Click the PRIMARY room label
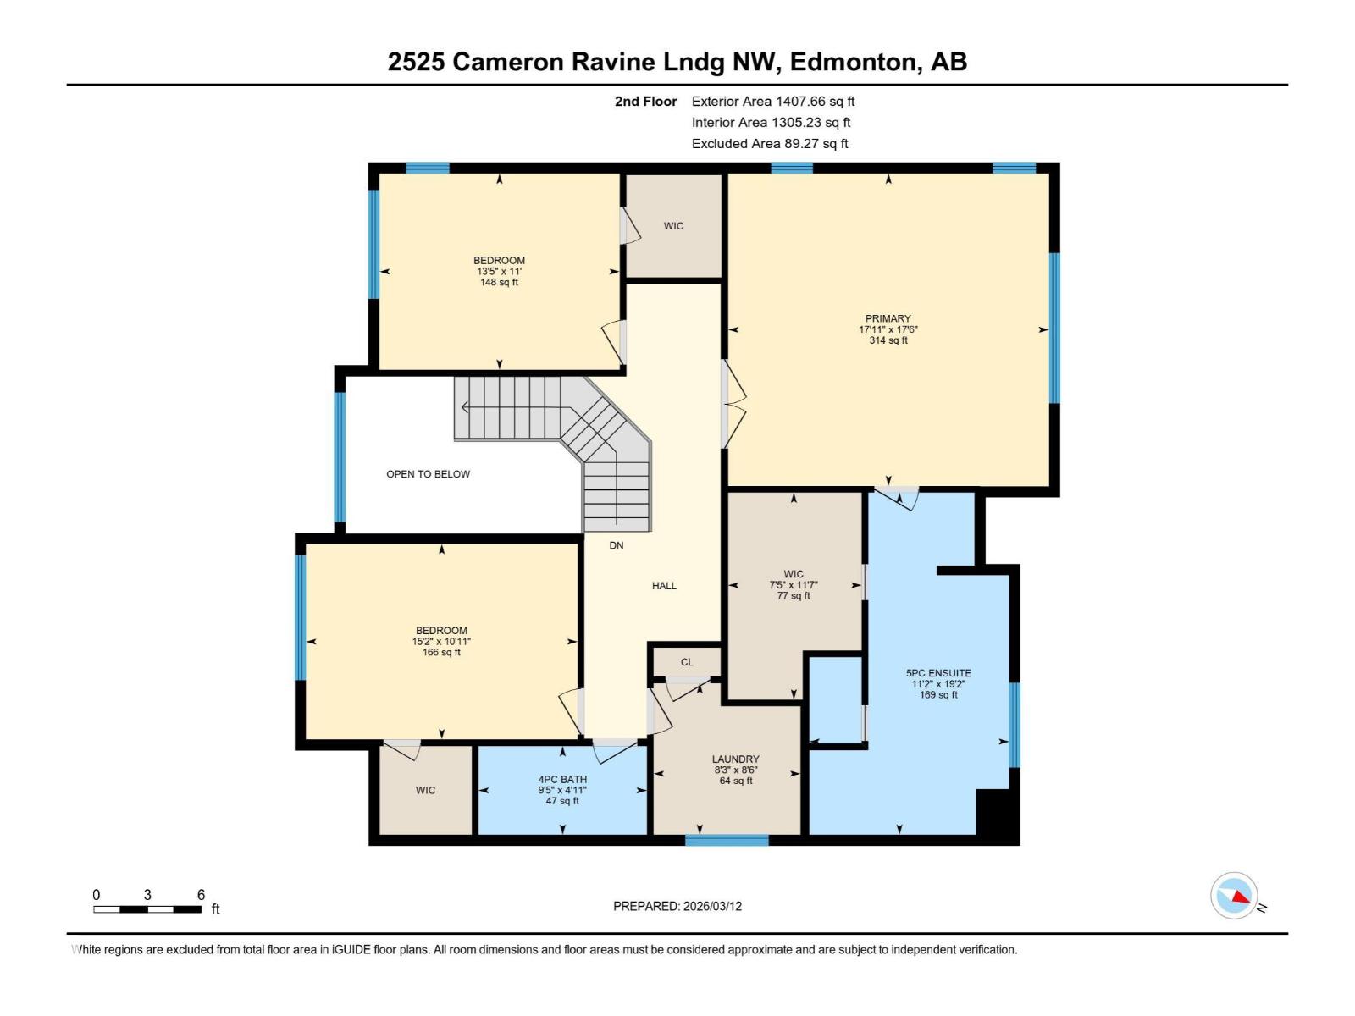[x=888, y=318]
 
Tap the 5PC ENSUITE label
[x=938, y=673]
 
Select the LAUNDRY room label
[x=735, y=759]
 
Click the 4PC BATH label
[x=562, y=780]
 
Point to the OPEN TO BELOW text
[x=428, y=474]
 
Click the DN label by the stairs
[x=617, y=545]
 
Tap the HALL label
[x=664, y=585]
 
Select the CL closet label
[x=687, y=662]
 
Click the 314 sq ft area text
[x=888, y=340]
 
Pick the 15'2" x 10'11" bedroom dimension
[x=441, y=642]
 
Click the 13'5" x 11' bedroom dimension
[x=499, y=272]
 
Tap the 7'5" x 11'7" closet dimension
[x=794, y=585]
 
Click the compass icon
[x=1235, y=896]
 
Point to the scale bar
[x=147, y=909]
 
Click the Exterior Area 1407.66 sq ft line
[x=772, y=101]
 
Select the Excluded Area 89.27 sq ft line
[x=769, y=143]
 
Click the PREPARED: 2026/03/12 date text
[x=677, y=906]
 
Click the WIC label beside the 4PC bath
[x=425, y=790]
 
